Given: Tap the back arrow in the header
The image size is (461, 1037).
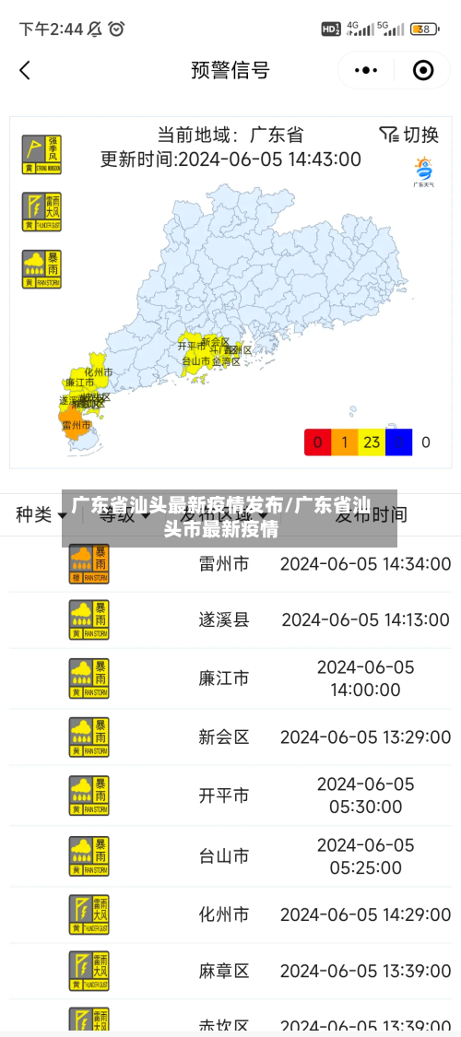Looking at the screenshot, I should tap(25, 70).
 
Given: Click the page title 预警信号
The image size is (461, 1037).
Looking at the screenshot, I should tap(230, 70).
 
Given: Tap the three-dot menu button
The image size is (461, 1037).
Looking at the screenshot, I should tap(366, 70).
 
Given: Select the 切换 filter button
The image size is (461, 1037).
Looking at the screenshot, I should tap(409, 135).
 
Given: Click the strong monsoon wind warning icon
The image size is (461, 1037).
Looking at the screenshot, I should tap(41, 154).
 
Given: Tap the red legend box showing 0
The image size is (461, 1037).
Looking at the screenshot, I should tap(317, 442).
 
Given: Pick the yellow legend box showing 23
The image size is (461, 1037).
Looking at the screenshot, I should tap(372, 442).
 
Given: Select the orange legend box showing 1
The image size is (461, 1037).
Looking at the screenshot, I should tap(344, 442).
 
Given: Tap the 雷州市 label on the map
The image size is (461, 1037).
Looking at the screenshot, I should tap(76, 425).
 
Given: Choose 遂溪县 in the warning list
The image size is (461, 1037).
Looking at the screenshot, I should tap(224, 619).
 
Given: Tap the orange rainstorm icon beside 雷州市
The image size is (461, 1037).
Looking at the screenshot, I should tap(89, 563).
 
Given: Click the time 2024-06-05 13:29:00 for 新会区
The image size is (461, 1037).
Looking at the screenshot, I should tap(366, 737).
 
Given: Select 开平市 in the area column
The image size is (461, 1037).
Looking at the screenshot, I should tap(224, 795).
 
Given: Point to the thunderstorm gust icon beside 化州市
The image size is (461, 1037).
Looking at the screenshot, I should tap(89, 914).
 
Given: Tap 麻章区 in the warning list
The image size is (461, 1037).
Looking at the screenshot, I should tap(224, 971).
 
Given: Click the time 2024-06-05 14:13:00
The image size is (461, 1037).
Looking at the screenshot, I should tap(366, 619).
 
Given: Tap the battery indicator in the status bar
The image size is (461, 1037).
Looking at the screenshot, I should tap(424, 29).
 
